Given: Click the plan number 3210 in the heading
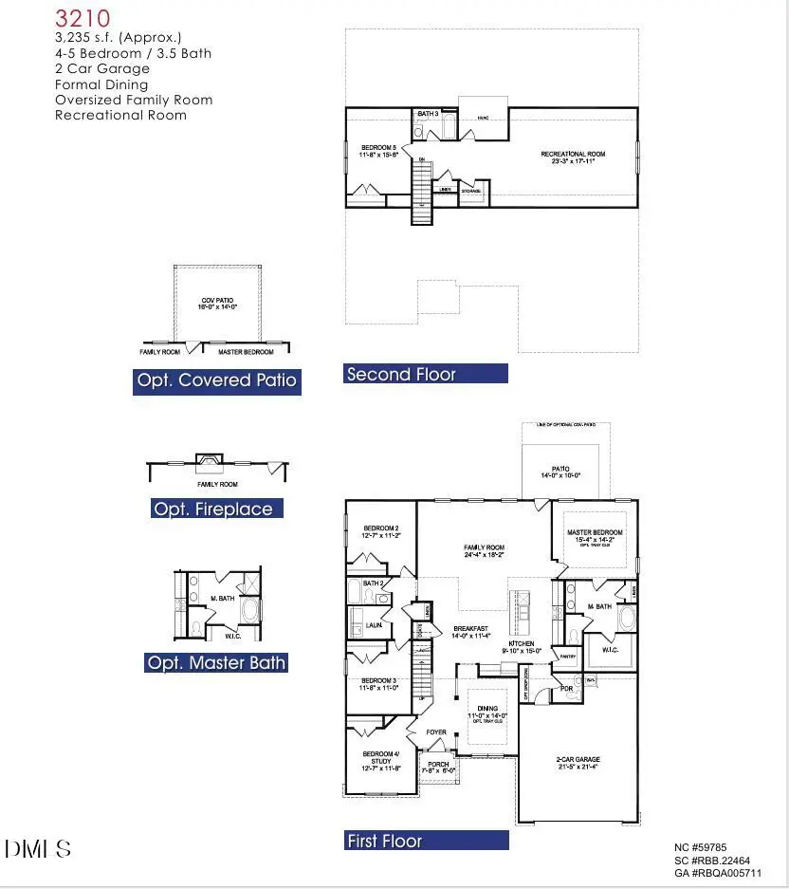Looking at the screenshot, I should [x=83, y=18].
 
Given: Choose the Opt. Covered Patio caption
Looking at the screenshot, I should [x=216, y=381].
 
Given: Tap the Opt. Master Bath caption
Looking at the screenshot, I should [x=216, y=662].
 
